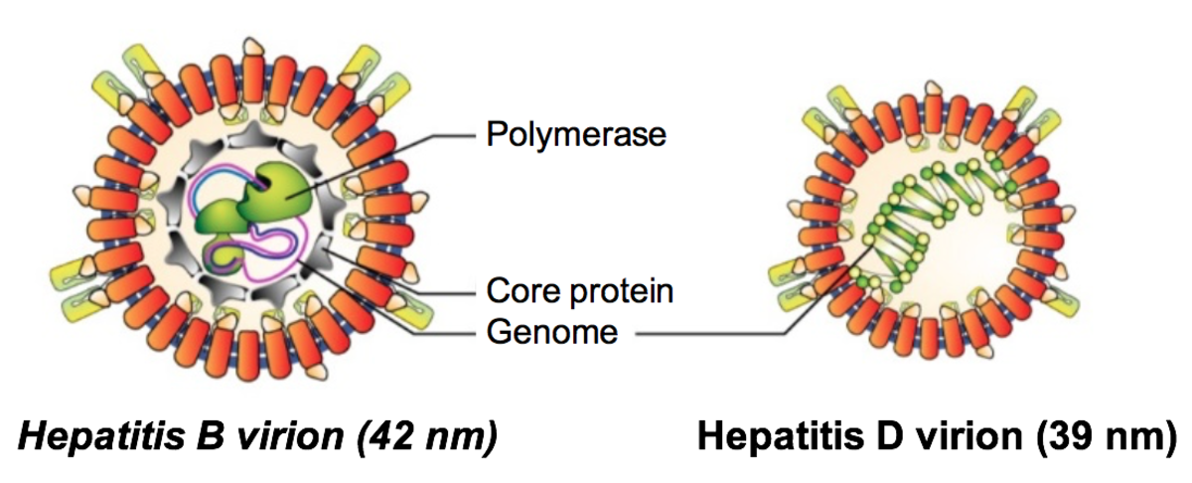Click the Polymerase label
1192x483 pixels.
click(x=575, y=134)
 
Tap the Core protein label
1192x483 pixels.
click(x=580, y=291)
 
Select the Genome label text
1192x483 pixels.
click(x=551, y=331)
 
